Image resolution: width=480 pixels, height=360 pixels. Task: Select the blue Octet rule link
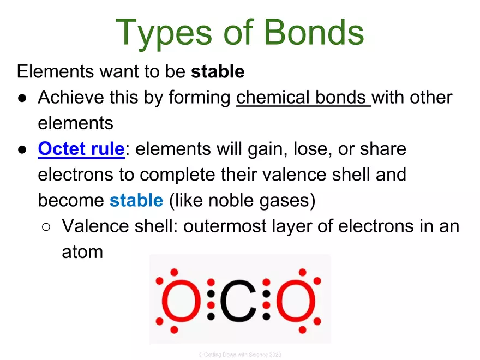coord(81,149)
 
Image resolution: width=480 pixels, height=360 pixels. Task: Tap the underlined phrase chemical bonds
coord(303,98)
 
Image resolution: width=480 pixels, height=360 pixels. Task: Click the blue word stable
coord(136,200)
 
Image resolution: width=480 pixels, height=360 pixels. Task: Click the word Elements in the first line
coord(49,71)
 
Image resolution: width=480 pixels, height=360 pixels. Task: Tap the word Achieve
coord(70,98)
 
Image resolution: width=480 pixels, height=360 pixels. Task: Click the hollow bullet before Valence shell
coord(47,227)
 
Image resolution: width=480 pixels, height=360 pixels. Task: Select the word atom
coord(82,252)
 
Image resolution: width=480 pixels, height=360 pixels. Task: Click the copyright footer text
coord(239,355)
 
